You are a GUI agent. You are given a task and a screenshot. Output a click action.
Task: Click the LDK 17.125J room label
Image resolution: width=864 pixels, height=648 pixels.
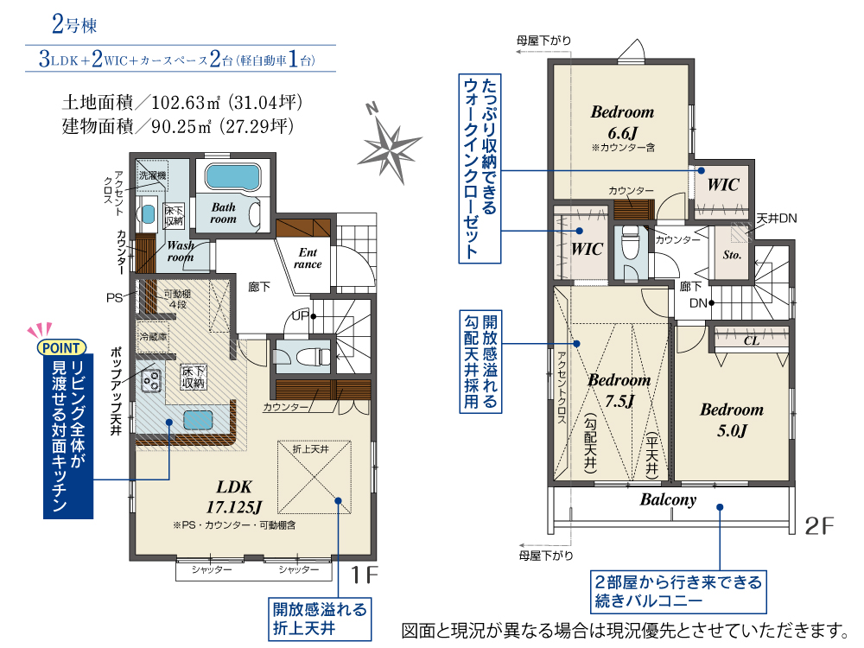tap(234, 497)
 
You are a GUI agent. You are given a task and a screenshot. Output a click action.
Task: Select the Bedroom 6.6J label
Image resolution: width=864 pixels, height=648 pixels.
tap(623, 122)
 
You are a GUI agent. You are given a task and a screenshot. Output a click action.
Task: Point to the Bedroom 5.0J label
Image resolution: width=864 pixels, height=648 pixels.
tap(732, 419)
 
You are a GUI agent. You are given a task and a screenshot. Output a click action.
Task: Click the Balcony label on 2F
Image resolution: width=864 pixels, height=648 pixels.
tap(668, 499)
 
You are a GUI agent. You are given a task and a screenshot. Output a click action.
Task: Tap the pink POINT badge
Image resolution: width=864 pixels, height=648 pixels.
tap(61, 347)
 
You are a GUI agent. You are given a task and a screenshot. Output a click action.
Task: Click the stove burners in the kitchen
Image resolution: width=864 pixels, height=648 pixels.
tap(150, 380)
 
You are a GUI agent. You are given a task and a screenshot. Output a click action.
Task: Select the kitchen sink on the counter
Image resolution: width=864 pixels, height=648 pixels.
tap(198, 421)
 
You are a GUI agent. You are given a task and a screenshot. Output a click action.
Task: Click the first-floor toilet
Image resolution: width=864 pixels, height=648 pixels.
tap(308, 357)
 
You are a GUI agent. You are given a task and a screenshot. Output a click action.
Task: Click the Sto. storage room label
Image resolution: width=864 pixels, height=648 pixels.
tap(732, 255)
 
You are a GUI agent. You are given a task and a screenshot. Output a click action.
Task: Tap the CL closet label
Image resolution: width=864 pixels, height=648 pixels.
tap(751, 340)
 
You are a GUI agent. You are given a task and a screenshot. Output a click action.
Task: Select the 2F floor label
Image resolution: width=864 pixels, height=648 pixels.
tap(819, 525)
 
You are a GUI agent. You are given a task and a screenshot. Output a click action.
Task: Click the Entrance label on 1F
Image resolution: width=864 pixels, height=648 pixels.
tap(308, 257)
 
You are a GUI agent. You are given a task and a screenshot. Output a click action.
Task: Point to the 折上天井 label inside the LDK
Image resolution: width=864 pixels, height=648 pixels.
tap(311, 449)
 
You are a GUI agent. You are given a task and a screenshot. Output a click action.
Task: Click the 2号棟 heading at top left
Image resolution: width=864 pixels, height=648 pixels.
tap(73, 24)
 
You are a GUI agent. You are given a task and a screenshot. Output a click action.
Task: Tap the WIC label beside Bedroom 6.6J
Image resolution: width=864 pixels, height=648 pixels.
tap(723, 185)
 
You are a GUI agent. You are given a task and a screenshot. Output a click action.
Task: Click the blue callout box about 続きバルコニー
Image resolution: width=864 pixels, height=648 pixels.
tap(678, 591)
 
